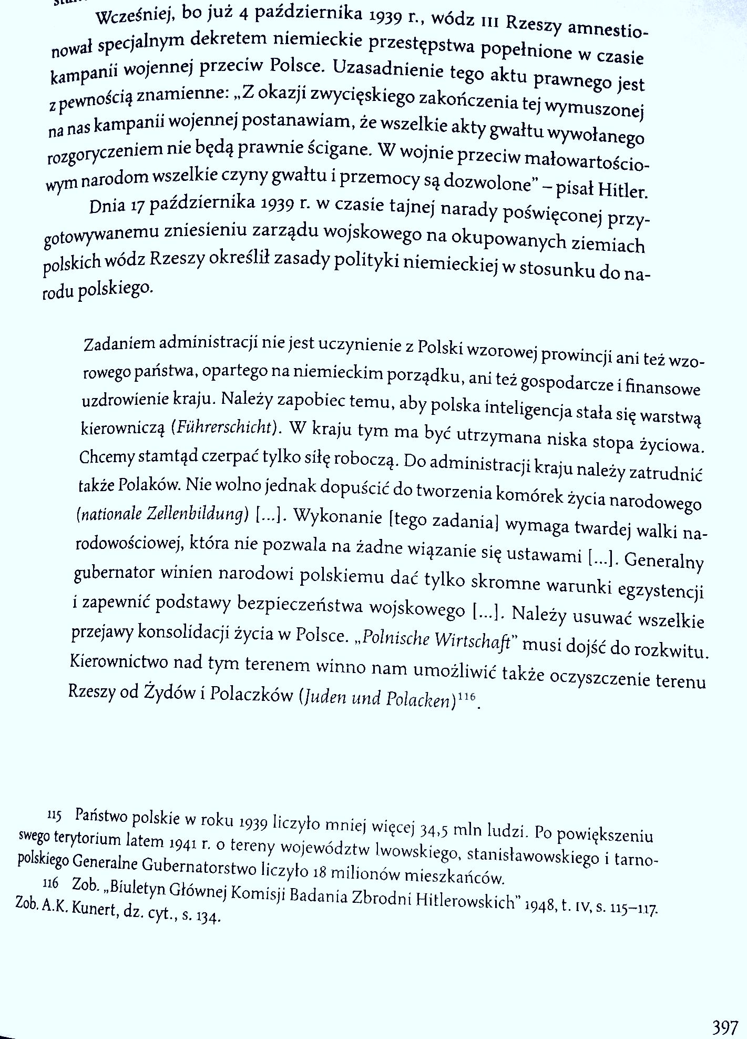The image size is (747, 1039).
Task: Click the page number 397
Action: pyautogui.click(x=725, y=1026)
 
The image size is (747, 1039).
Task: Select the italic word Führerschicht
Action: pyautogui.click(x=224, y=427)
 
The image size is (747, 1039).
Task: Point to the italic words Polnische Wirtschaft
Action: pyautogui.click(x=436, y=640)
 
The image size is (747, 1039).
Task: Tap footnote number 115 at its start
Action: pyautogui.click(x=54, y=816)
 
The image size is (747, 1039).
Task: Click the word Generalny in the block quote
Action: pyautogui.click(x=664, y=561)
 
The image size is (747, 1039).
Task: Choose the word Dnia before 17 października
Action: pyautogui.click(x=108, y=206)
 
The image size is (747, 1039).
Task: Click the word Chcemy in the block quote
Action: pyautogui.click(x=107, y=457)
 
